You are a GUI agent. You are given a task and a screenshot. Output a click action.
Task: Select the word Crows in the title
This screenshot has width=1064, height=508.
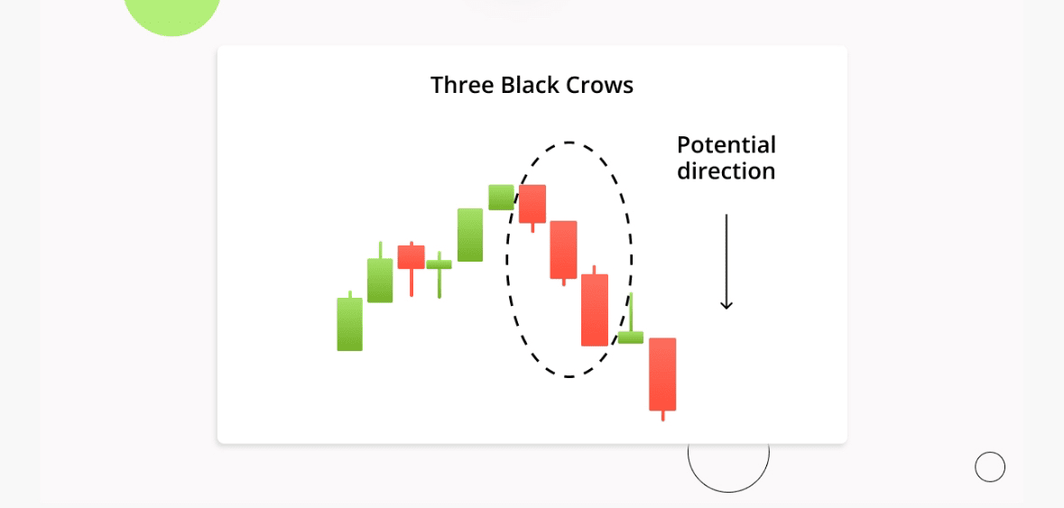point(600,86)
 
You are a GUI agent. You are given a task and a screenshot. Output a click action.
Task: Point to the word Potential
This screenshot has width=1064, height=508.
point(726,145)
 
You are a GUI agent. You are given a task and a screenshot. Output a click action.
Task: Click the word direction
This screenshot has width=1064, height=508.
point(726,171)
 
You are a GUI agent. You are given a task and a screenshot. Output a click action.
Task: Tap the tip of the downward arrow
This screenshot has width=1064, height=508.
point(726,309)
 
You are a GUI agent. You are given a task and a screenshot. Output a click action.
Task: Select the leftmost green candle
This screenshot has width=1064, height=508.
point(349,321)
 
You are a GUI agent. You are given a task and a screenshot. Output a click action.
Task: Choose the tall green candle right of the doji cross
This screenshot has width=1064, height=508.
point(470,235)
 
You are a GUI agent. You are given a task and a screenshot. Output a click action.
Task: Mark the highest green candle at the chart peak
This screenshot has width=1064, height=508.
point(502,197)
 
